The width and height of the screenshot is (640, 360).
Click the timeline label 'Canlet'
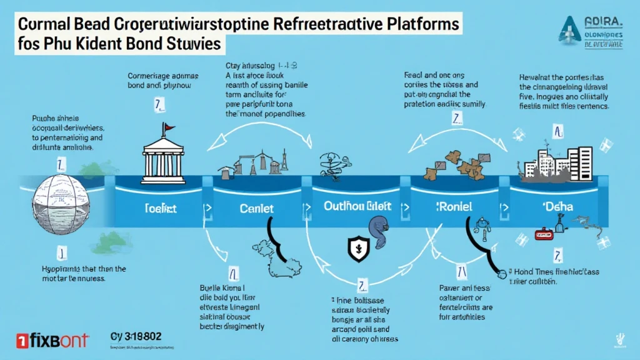tap(257, 207)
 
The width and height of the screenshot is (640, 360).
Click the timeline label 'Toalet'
tap(160, 207)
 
